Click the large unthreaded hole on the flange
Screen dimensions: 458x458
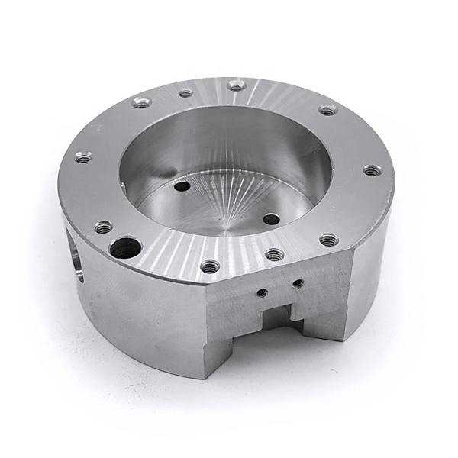tap(124, 247)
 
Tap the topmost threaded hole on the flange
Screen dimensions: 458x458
tap(237, 85)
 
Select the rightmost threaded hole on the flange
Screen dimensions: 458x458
tap(371, 170)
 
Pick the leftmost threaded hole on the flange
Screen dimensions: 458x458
tap(83, 158)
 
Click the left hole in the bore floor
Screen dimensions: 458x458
tap(182, 185)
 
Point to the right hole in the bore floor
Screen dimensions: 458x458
tap(271, 218)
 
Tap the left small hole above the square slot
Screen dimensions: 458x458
tap(261, 292)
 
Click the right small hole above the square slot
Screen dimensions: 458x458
tap(298, 283)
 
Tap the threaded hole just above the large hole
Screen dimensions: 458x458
tap(103, 227)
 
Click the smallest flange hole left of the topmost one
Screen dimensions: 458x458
tap(185, 94)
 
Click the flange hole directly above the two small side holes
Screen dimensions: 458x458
tap(275, 254)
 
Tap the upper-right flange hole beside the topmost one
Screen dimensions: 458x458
tap(327, 110)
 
